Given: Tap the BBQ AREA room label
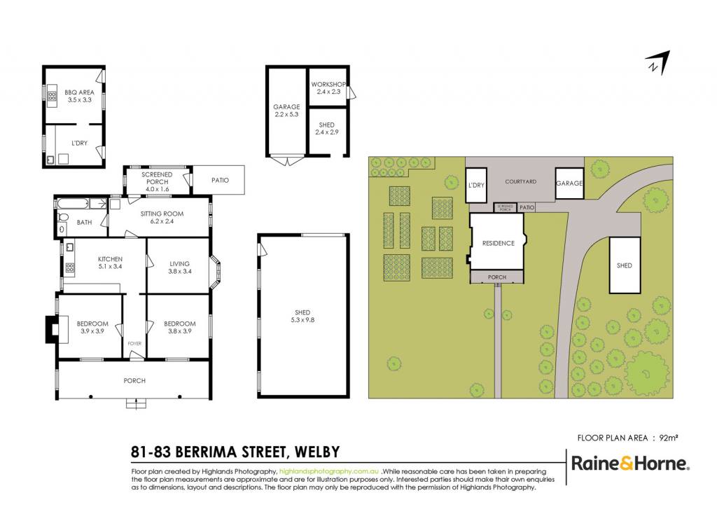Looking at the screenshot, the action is (80, 95).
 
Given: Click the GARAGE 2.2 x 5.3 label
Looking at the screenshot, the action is (286, 111).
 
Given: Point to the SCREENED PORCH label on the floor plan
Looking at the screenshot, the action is (157, 181).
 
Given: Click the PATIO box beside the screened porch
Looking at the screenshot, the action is (218, 180).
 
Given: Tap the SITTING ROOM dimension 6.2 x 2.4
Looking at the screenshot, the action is (162, 221).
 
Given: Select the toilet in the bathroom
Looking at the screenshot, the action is (62, 216).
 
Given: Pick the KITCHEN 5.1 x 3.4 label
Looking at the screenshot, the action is (110, 263).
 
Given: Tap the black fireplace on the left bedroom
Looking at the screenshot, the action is (50, 329).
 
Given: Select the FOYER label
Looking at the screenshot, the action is (134, 343).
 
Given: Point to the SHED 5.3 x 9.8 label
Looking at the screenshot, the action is (302, 317).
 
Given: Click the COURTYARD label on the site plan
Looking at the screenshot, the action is (521, 181).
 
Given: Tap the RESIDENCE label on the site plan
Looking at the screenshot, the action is (499, 243).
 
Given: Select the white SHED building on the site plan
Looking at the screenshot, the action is (625, 265).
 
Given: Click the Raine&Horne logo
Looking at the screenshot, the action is (630, 464).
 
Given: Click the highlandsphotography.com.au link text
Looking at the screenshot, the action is (329, 471).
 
